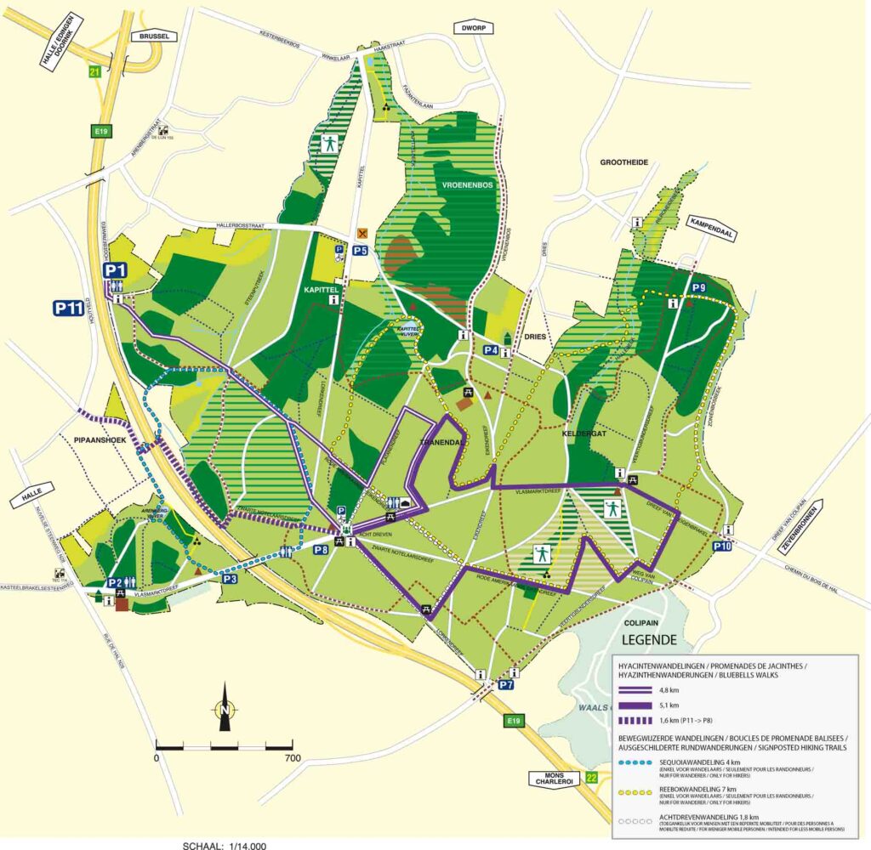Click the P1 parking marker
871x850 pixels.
(x=116, y=270)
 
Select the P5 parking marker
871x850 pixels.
(x=361, y=250)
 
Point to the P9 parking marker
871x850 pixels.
(x=698, y=288)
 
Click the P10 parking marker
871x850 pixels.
(x=722, y=546)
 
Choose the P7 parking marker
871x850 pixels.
(x=506, y=683)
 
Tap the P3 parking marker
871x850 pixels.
(x=230, y=579)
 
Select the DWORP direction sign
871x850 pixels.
(x=474, y=27)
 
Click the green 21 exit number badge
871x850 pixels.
(x=95, y=72)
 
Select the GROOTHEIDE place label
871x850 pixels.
(x=624, y=161)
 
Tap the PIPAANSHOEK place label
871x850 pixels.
(x=94, y=443)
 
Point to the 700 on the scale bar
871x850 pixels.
(x=293, y=757)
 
